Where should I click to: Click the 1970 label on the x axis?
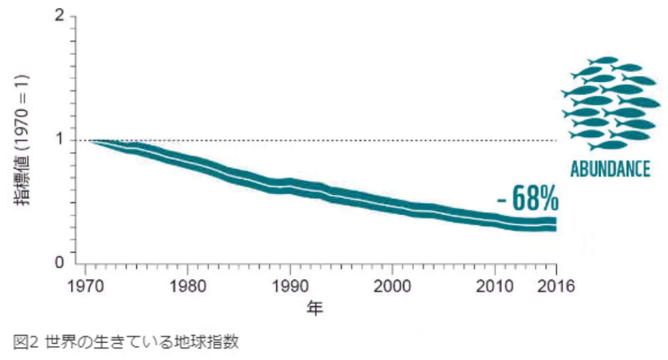tap(85, 286)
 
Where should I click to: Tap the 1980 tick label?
tap(188, 286)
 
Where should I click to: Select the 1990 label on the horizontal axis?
tap(290, 286)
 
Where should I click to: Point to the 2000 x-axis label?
tap(392, 286)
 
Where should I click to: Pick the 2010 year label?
tap(495, 286)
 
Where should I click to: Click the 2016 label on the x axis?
tap(556, 286)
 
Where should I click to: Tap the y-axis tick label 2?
tap(60, 15)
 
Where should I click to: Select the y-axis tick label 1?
tap(60, 139)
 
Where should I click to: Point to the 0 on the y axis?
tap(60, 262)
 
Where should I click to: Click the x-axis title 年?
tap(315, 308)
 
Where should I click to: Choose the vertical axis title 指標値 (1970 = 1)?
tap(22, 140)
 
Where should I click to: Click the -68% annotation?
tap(527, 199)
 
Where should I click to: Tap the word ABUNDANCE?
tap(610, 169)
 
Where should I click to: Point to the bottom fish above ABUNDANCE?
tap(608, 146)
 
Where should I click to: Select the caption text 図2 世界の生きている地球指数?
tap(126, 341)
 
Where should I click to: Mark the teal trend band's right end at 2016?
tap(556, 225)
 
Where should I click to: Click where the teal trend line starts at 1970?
tap(90, 141)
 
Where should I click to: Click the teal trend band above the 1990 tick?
tap(290, 186)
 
